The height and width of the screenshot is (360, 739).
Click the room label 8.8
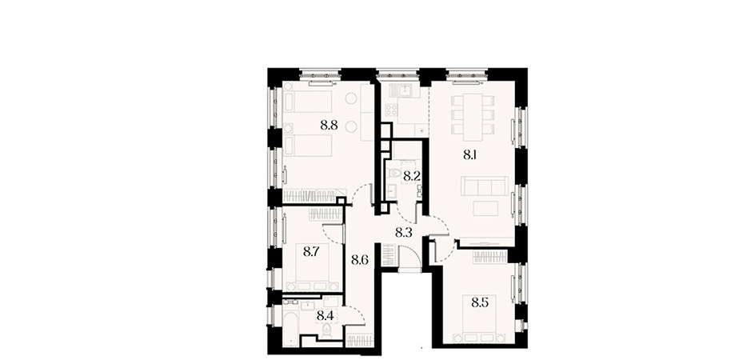tap(329, 126)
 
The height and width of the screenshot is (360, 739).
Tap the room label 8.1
tap(470, 155)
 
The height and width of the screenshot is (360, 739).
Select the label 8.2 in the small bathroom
tap(412, 177)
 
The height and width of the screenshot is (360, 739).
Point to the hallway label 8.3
tap(403, 232)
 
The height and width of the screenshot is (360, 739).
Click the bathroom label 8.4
tap(326, 314)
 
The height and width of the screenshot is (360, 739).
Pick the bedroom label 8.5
tap(480, 301)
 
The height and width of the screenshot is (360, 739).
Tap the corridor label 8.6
tap(360, 259)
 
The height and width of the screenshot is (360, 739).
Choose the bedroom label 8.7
tap(312, 252)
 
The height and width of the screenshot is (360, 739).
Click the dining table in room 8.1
tap(473, 117)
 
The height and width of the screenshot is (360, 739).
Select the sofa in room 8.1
tap(485, 186)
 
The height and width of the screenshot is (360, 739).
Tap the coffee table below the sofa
tap(485, 208)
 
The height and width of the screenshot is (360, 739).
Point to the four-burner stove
tap(391, 110)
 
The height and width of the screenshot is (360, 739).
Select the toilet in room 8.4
tap(326, 332)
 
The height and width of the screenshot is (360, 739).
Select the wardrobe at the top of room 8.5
tap(490, 257)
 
